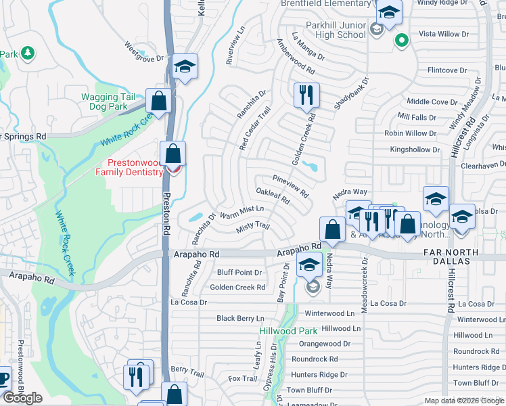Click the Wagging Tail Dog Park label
(x=104, y=101)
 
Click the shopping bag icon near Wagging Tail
(x=158, y=101)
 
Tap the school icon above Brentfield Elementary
(x=389, y=12)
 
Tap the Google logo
(x=22, y=398)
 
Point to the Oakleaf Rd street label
(x=273, y=197)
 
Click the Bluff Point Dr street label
(x=239, y=273)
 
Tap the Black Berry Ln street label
(x=240, y=318)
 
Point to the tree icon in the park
(x=28, y=53)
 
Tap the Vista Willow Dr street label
(x=444, y=34)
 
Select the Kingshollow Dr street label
(x=415, y=150)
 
